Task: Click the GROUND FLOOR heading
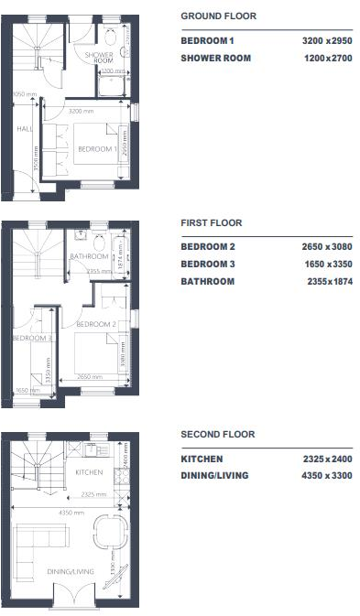pos(218,16)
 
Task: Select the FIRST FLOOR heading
pos(212,222)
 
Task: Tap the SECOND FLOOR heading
pos(217,434)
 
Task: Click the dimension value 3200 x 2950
pos(327,41)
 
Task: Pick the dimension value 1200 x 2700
pos(327,59)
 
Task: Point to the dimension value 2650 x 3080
pos(327,247)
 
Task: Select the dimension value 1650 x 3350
pos(327,264)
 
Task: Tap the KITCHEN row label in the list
pos(202,459)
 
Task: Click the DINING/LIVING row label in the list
pos(214,475)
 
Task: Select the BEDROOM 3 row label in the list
pos(208,264)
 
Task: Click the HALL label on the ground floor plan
pos(25,129)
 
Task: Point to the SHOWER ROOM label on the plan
pos(99,57)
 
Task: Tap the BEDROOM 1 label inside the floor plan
pos(96,148)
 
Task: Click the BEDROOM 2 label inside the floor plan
pos(94,324)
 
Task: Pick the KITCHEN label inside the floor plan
pos(89,473)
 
